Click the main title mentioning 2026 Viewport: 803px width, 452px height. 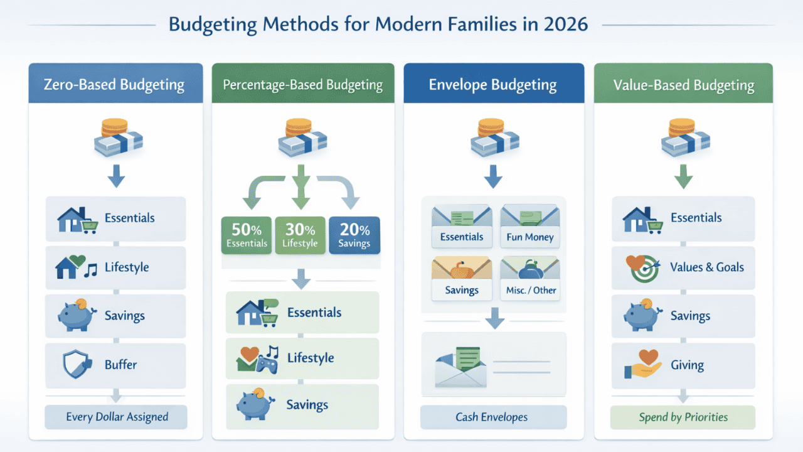click(x=378, y=24)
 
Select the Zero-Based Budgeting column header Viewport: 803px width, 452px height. click(x=114, y=85)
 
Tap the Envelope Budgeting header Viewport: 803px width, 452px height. click(x=492, y=85)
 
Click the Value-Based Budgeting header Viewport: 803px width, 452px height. click(x=684, y=85)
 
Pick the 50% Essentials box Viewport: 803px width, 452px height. click(x=247, y=235)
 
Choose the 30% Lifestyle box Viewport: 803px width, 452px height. click(x=300, y=235)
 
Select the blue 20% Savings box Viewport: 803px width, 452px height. click(x=354, y=235)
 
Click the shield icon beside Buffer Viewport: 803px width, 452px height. click(x=76, y=365)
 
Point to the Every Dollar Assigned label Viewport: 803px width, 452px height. click(x=117, y=417)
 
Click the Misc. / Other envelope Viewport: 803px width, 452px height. click(x=531, y=279)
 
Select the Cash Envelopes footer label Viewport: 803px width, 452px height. click(x=492, y=417)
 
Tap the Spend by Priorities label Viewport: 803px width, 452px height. click(x=683, y=417)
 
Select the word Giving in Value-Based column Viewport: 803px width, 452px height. click(x=687, y=365)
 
